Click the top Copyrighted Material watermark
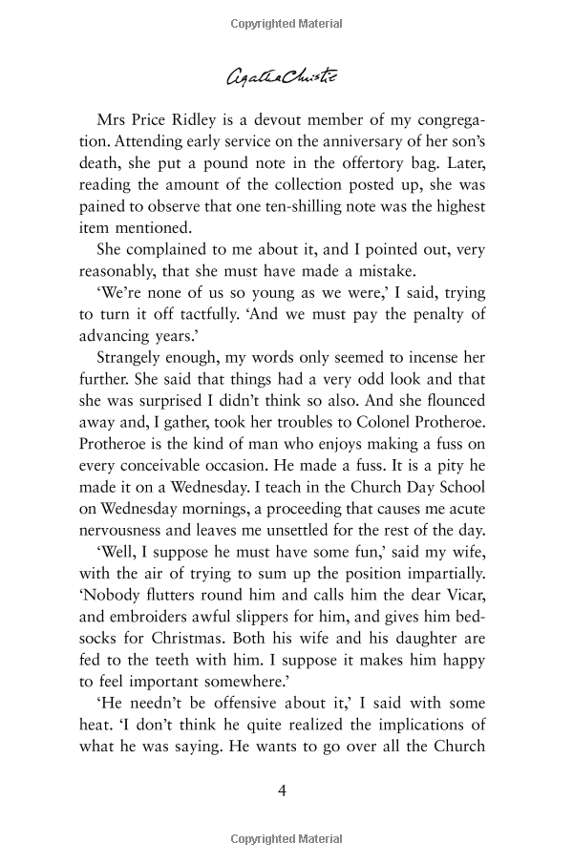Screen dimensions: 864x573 (286, 20)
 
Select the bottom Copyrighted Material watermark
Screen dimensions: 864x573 (286, 840)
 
